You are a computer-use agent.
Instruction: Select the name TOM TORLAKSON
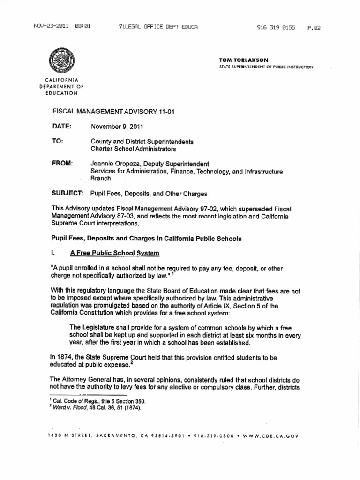[x=240, y=61]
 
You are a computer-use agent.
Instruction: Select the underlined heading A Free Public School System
[x=115, y=254]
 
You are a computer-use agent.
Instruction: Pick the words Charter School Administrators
[x=133, y=149]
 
